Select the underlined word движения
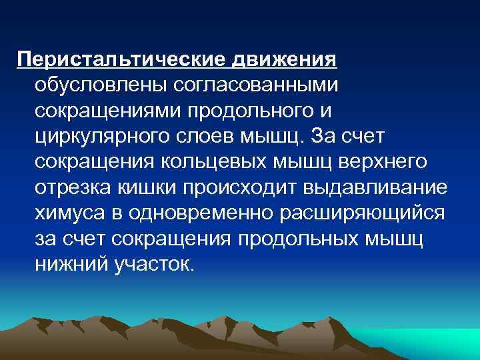coord(283,59)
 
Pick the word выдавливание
coord(375,187)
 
